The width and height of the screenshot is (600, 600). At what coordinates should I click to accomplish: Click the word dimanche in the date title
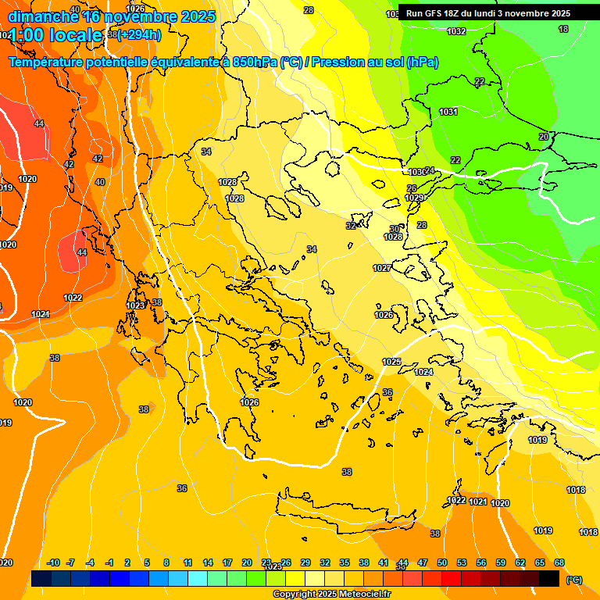pos(43,16)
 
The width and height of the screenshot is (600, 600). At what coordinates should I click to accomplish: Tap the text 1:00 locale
pos(55,35)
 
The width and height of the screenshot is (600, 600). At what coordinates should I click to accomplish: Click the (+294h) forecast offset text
pos(139,34)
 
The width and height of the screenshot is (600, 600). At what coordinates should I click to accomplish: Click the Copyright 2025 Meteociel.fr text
pos(332,595)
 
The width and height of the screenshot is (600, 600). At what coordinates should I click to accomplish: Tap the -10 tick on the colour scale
pos(53,562)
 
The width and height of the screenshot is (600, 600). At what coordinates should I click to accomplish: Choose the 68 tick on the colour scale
pos(559,562)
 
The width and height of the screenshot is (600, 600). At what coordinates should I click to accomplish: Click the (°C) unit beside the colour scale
pos(573,580)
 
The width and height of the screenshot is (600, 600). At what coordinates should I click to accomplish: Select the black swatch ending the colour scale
pos(549,578)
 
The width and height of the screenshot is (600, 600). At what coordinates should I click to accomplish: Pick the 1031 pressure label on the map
pos(448,112)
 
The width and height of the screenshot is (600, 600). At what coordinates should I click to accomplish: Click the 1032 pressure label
pos(456,31)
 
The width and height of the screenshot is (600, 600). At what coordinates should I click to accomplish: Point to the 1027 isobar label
pos(382,268)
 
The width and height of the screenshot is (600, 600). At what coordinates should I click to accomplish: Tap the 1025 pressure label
pos(391,362)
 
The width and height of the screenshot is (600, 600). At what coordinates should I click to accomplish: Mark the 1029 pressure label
pos(414,198)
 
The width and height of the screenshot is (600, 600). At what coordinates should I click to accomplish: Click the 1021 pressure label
pos(478,502)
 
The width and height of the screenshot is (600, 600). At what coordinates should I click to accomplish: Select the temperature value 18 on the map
pos(563,29)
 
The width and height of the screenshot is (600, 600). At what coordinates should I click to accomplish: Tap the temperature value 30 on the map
pos(395,229)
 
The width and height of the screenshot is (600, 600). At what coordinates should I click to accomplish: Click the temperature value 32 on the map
pos(351,226)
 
